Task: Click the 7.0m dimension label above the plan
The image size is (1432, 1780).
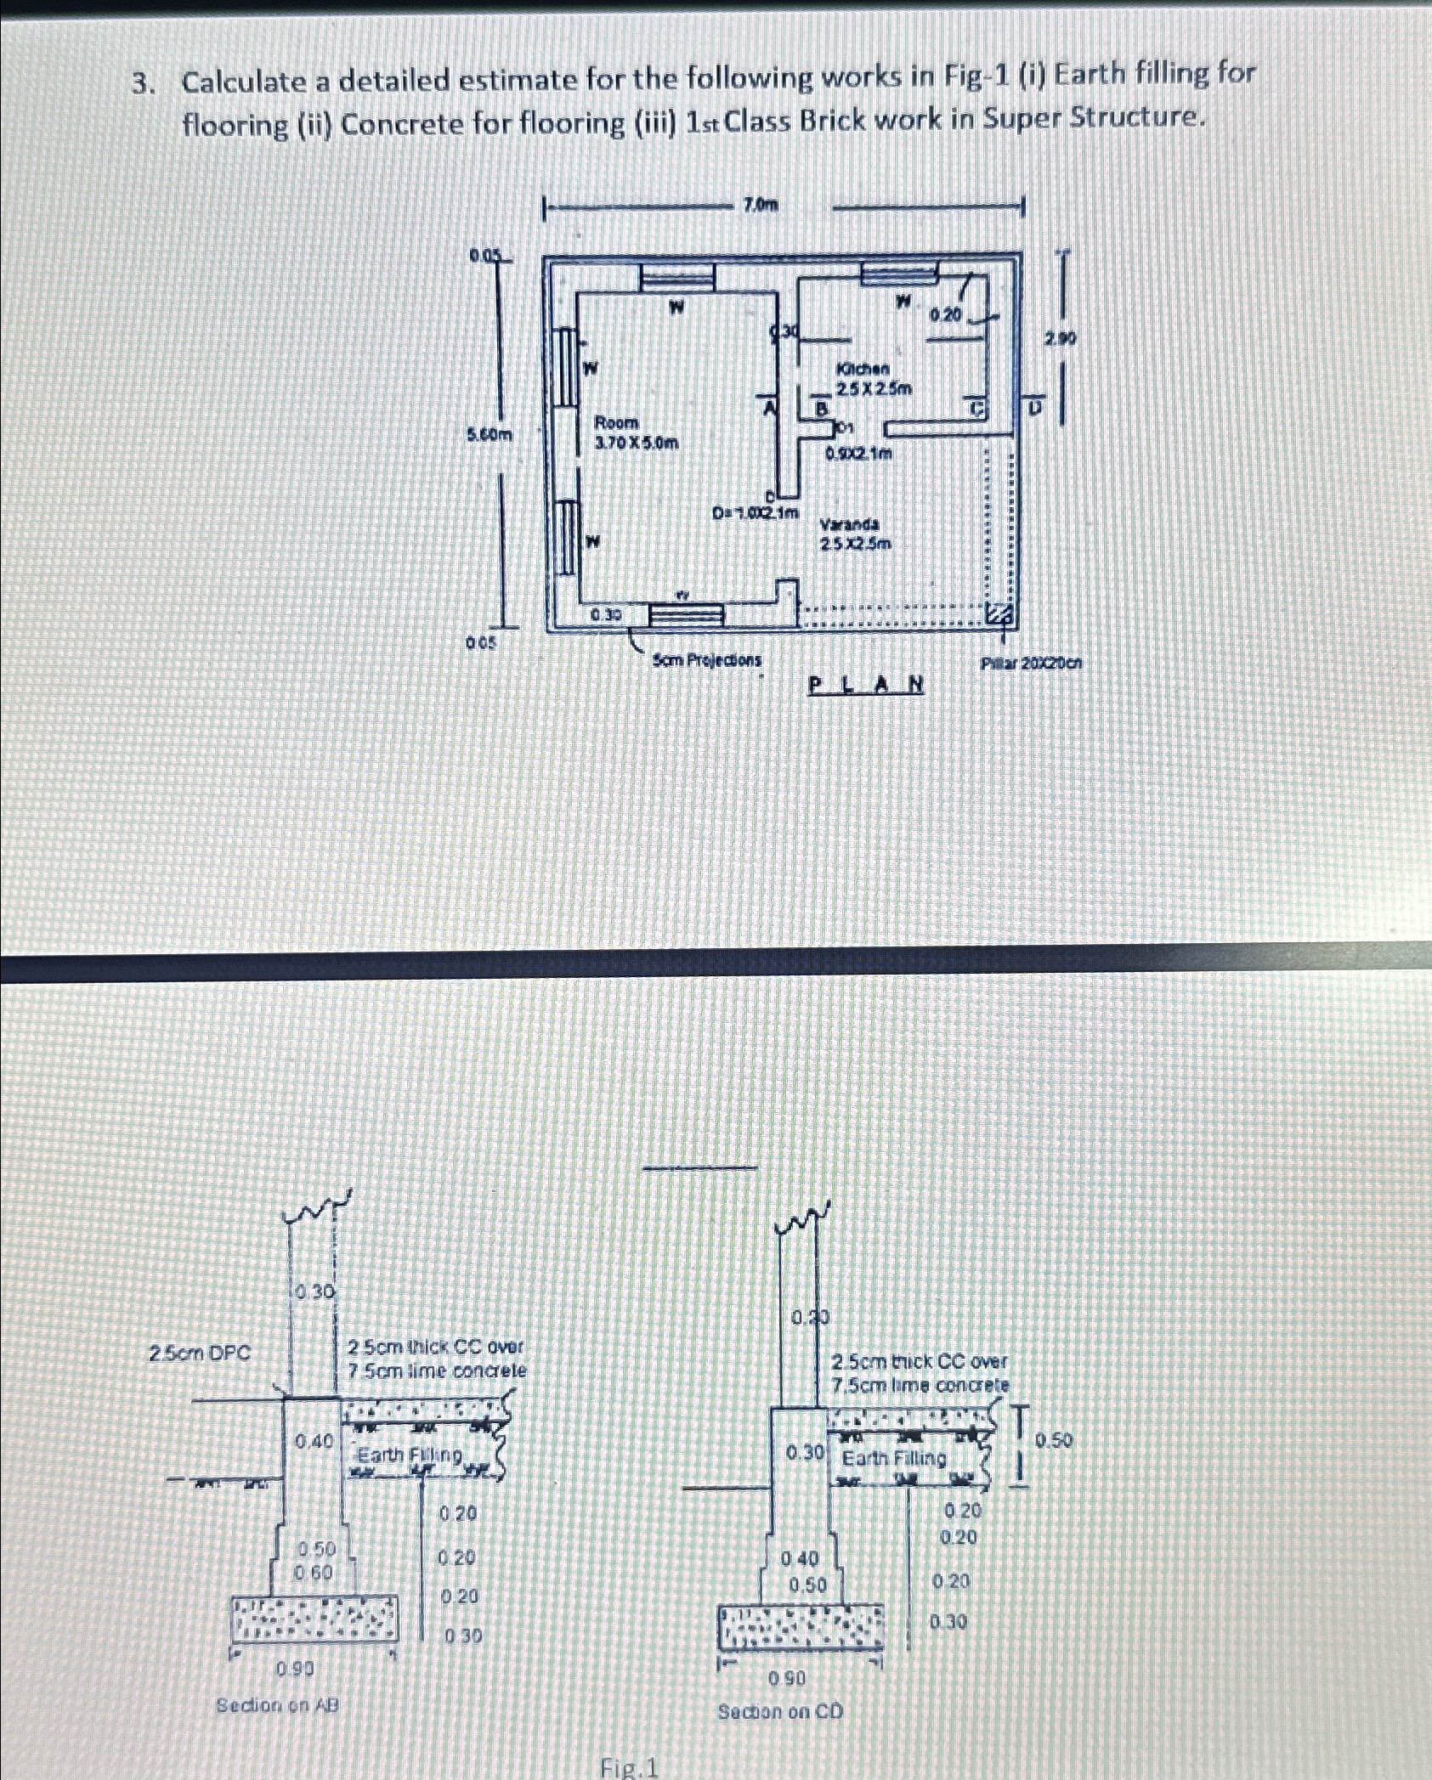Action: click(x=761, y=205)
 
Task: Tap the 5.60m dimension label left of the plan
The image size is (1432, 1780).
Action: click(x=491, y=435)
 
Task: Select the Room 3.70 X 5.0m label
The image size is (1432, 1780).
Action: click(x=636, y=432)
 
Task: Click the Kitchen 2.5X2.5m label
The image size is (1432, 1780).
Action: click(x=874, y=379)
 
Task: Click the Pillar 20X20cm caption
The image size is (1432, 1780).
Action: click(x=1031, y=663)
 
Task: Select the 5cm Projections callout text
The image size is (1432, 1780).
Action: click(x=707, y=660)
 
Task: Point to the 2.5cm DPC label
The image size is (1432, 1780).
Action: click(x=200, y=1353)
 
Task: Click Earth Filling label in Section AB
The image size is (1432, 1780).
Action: click(x=410, y=1455)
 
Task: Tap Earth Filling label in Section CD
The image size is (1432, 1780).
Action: click(x=893, y=1458)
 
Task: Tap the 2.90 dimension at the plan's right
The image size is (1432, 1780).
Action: click(x=1061, y=340)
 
